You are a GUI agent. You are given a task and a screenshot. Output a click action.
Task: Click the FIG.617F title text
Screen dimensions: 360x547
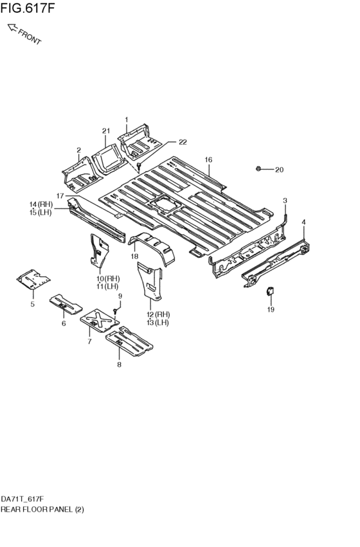[28, 8]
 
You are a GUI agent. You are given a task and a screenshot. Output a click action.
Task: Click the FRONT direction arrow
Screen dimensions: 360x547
[13, 28]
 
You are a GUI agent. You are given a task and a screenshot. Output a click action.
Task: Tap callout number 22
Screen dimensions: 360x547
[183, 142]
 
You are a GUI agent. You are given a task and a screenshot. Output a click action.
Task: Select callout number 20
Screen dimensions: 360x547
[279, 170]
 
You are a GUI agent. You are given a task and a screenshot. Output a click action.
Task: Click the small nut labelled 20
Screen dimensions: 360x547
[258, 169]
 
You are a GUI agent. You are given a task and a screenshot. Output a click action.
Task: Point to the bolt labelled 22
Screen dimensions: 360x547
[139, 166]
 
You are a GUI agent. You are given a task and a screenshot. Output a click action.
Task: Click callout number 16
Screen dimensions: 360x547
[208, 160]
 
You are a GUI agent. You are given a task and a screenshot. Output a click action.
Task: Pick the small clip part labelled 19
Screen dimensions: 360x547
[270, 291]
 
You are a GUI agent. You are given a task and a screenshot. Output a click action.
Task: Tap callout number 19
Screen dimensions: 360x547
[271, 309]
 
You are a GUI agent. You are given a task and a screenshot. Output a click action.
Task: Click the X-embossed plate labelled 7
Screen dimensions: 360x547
[100, 320]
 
